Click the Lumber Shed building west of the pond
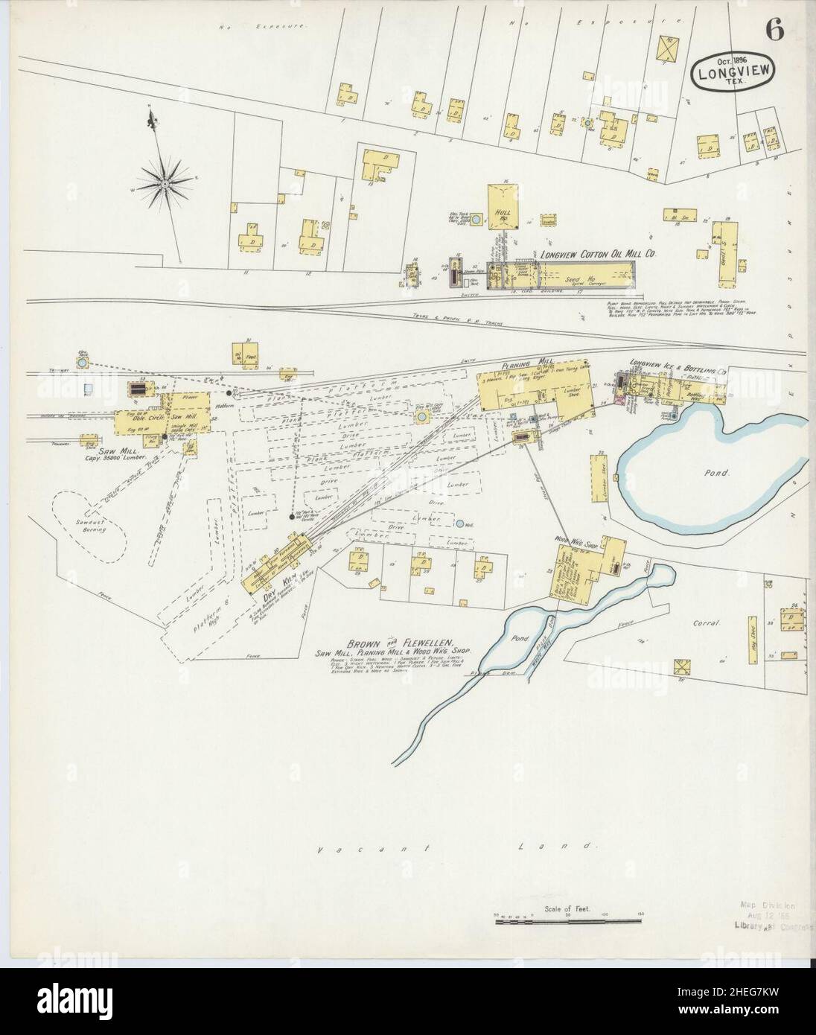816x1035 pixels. (601, 480)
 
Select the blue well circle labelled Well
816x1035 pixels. (461, 524)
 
